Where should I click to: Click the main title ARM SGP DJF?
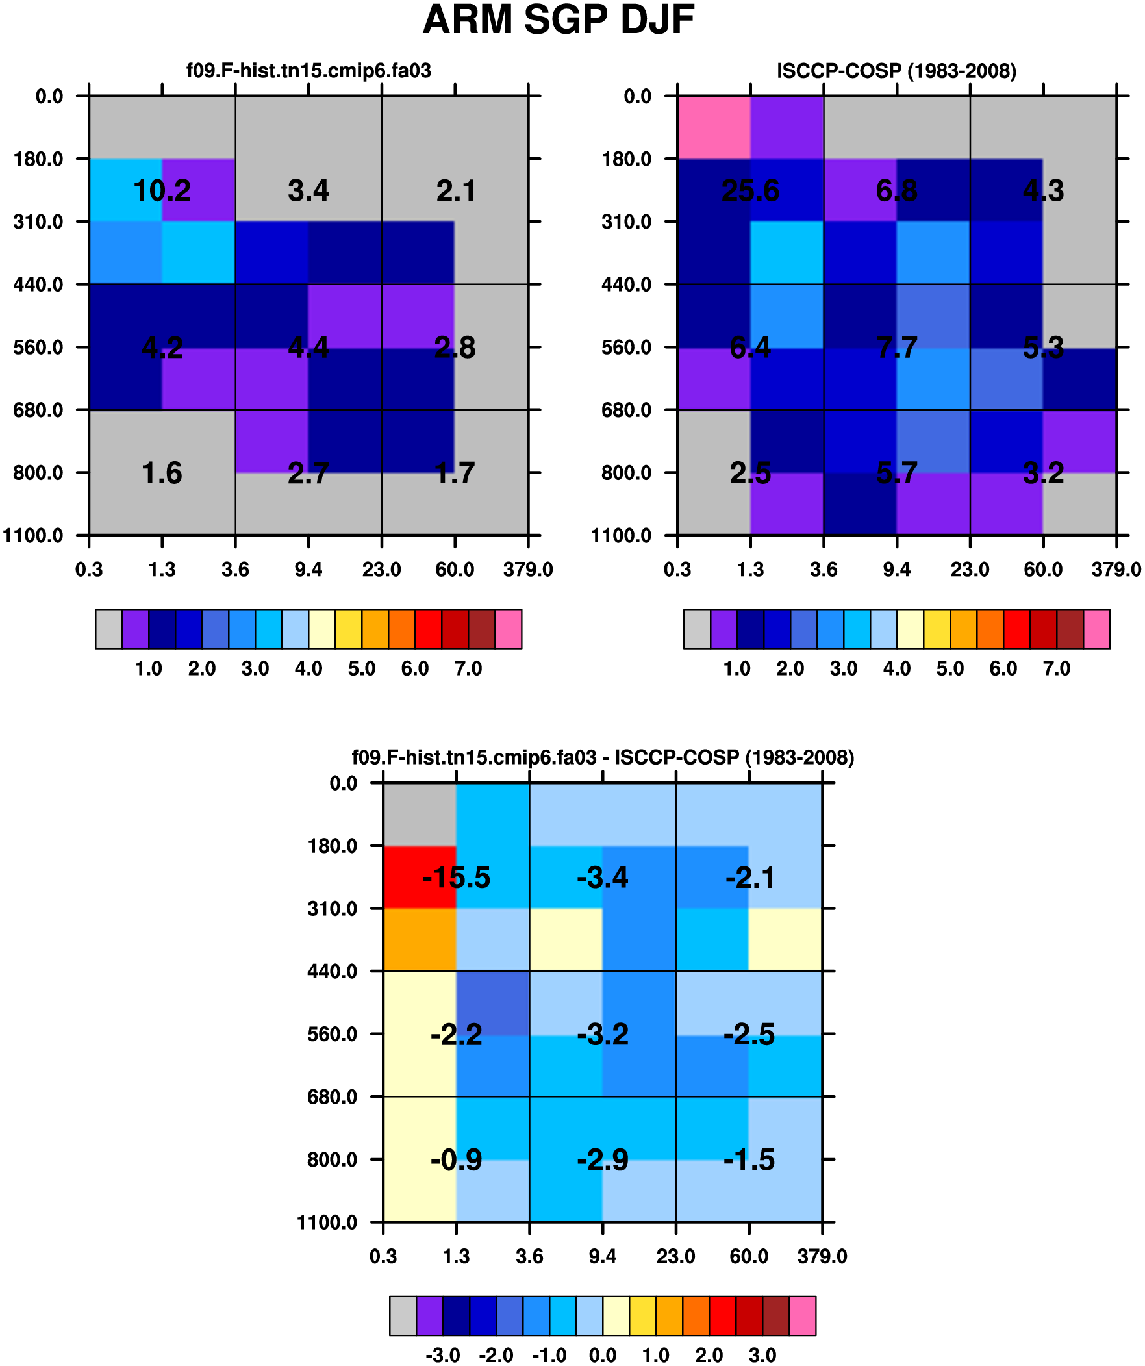click(558, 21)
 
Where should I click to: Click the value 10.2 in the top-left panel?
click(162, 190)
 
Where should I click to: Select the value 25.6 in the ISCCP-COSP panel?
click(750, 190)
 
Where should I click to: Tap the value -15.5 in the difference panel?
click(456, 878)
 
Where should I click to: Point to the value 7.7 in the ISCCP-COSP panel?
click(896, 348)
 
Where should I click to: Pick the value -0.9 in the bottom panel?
click(456, 1160)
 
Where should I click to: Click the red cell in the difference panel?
click(420, 877)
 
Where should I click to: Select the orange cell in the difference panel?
click(420, 939)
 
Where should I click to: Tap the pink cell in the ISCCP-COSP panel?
click(714, 127)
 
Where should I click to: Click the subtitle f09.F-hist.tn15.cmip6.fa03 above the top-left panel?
click(308, 70)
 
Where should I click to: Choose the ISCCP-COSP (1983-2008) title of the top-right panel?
click(896, 70)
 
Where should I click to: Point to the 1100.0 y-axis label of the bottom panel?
click(327, 1222)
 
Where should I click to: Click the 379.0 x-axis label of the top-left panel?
click(527, 570)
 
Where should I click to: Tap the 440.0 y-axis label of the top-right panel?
click(626, 285)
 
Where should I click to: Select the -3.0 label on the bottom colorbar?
click(442, 1355)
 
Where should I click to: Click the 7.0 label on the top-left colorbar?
click(468, 668)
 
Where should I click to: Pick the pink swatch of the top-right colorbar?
click(1096, 629)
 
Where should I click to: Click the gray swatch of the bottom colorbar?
click(403, 1316)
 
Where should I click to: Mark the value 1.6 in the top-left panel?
click(162, 473)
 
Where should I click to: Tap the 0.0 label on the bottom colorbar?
click(603, 1355)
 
